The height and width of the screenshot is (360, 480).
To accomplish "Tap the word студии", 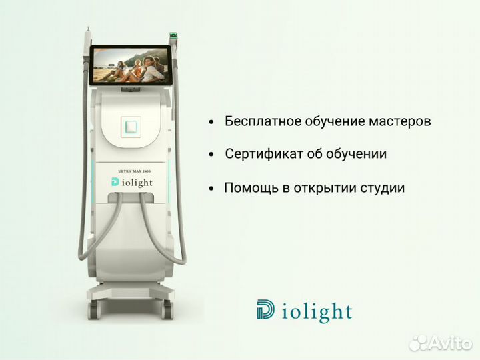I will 381,188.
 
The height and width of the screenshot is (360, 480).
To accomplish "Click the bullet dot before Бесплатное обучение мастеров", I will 211,123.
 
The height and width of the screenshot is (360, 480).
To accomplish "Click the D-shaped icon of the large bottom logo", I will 264,310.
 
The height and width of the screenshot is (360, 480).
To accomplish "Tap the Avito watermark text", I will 449,342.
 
